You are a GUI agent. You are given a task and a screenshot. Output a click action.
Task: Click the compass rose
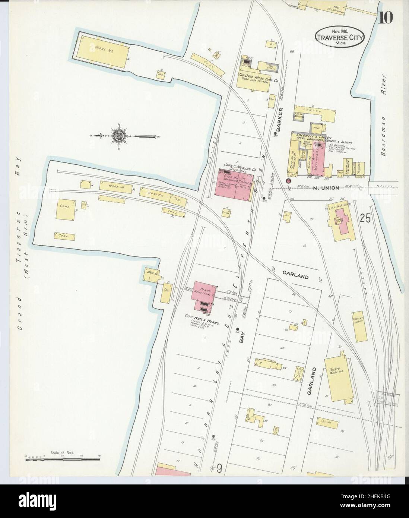[118, 136]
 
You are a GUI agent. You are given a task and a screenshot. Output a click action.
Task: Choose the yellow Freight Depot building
[357, 326]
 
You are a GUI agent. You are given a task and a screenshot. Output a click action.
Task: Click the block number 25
[365, 219]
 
